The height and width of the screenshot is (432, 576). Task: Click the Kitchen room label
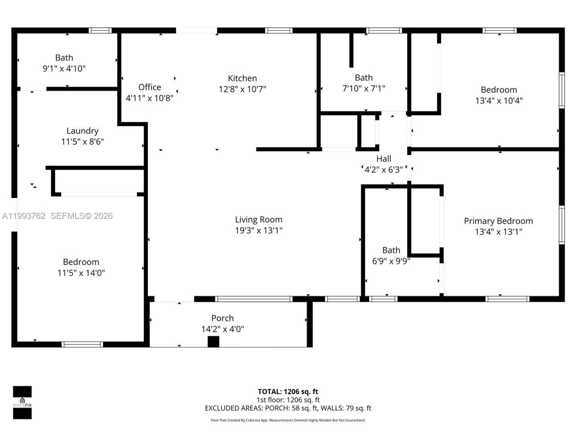click(242, 78)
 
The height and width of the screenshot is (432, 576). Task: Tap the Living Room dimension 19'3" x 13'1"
click(258, 230)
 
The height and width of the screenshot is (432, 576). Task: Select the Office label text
click(149, 87)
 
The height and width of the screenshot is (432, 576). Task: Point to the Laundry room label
click(82, 131)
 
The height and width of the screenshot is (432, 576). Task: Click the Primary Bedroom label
click(498, 221)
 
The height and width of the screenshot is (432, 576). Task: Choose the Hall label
click(383, 159)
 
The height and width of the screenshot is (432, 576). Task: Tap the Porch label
click(222, 318)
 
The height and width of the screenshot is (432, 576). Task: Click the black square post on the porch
click(213, 342)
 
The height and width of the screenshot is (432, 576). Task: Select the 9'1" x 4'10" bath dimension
click(64, 68)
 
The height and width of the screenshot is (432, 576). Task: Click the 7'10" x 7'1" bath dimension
click(364, 89)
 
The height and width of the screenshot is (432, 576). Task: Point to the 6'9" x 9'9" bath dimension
click(391, 261)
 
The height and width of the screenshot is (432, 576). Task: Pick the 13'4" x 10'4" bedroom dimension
click(499, 101)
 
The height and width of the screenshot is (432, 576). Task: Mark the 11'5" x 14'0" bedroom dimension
click(81, 273)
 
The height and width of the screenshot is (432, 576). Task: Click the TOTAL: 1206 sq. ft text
click(288, 391)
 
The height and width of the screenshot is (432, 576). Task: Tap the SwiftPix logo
click(22, 402)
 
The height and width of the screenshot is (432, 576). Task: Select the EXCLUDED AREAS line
click(288, 408)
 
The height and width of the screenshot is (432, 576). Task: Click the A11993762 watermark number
click(23, 216)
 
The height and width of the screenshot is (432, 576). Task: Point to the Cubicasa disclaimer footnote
click(288, 420)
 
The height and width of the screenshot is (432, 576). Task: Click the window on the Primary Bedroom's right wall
click(561, 225)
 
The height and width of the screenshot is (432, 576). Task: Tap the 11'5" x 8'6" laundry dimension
click(82, 142)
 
